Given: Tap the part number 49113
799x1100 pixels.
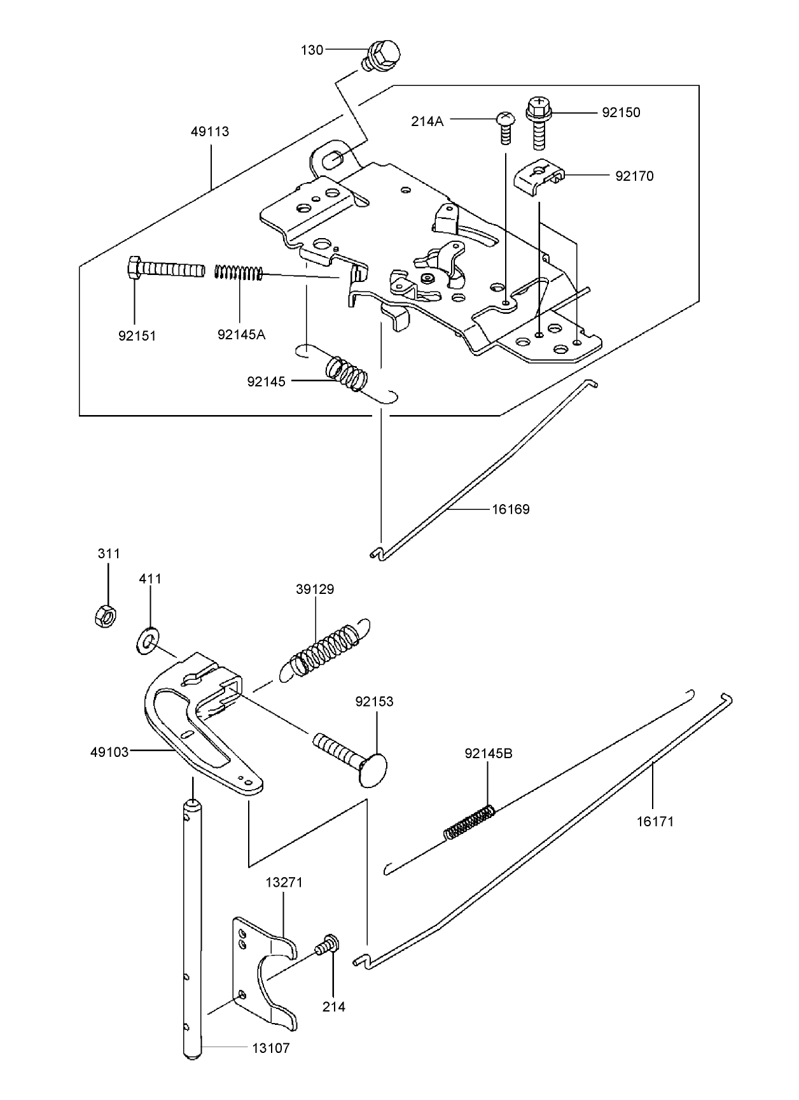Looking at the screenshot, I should [x=210, y=132].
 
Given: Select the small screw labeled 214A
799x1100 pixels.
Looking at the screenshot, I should [x=504, y=128].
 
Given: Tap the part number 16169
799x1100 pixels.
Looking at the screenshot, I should [x=510, y=509].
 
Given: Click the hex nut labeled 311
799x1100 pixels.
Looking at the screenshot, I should [x=103, y=616].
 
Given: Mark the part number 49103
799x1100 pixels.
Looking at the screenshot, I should [x=109, y=752].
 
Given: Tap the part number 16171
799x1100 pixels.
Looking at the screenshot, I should [x=655, y=821].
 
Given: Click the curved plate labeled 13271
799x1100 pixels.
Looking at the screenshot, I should [x=264, y=968].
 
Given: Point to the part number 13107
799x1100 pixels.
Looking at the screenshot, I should [x=271, y=1048].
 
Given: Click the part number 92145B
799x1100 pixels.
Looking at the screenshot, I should [x=489, y=754].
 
